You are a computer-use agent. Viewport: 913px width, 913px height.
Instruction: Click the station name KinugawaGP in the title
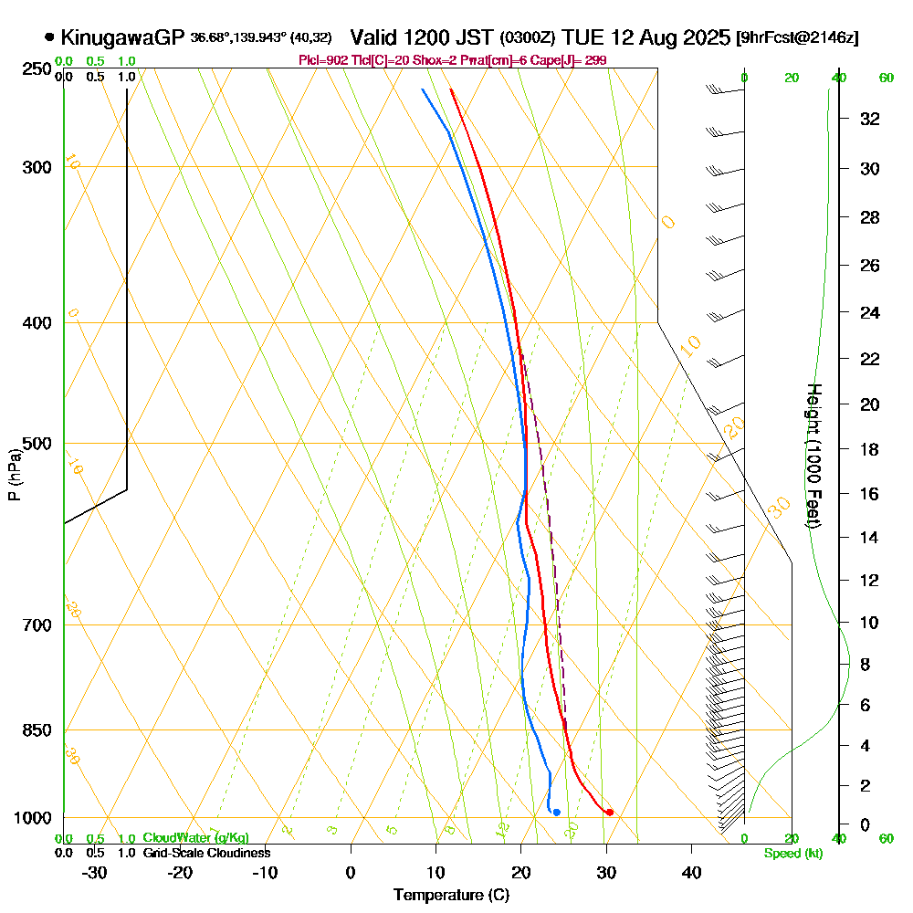coord(122,37)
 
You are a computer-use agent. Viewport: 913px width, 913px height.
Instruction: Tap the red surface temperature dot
coord(609,813)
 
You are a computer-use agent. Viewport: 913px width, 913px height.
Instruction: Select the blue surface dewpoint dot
coord(556,813)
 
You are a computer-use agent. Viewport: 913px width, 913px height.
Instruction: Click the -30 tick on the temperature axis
coord(95,872)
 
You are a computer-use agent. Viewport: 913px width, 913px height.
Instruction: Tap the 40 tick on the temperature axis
coord(691,872)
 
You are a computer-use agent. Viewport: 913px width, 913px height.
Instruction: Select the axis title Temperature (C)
coord(451,896)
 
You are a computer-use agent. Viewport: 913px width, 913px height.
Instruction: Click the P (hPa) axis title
coord(15,475)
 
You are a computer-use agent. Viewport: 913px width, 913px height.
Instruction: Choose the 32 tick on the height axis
coord(868,119)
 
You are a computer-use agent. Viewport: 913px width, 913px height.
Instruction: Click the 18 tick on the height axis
coord(868,449)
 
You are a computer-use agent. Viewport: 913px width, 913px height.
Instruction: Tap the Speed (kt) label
coord(792,853)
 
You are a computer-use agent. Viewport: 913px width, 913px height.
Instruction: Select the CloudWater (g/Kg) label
coord(195,838)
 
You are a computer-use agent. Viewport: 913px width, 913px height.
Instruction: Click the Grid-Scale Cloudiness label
coord(206,853)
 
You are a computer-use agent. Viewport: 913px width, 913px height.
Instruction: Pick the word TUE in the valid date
coord(581,37)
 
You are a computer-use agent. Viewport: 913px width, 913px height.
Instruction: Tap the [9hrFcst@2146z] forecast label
coord(797,37)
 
